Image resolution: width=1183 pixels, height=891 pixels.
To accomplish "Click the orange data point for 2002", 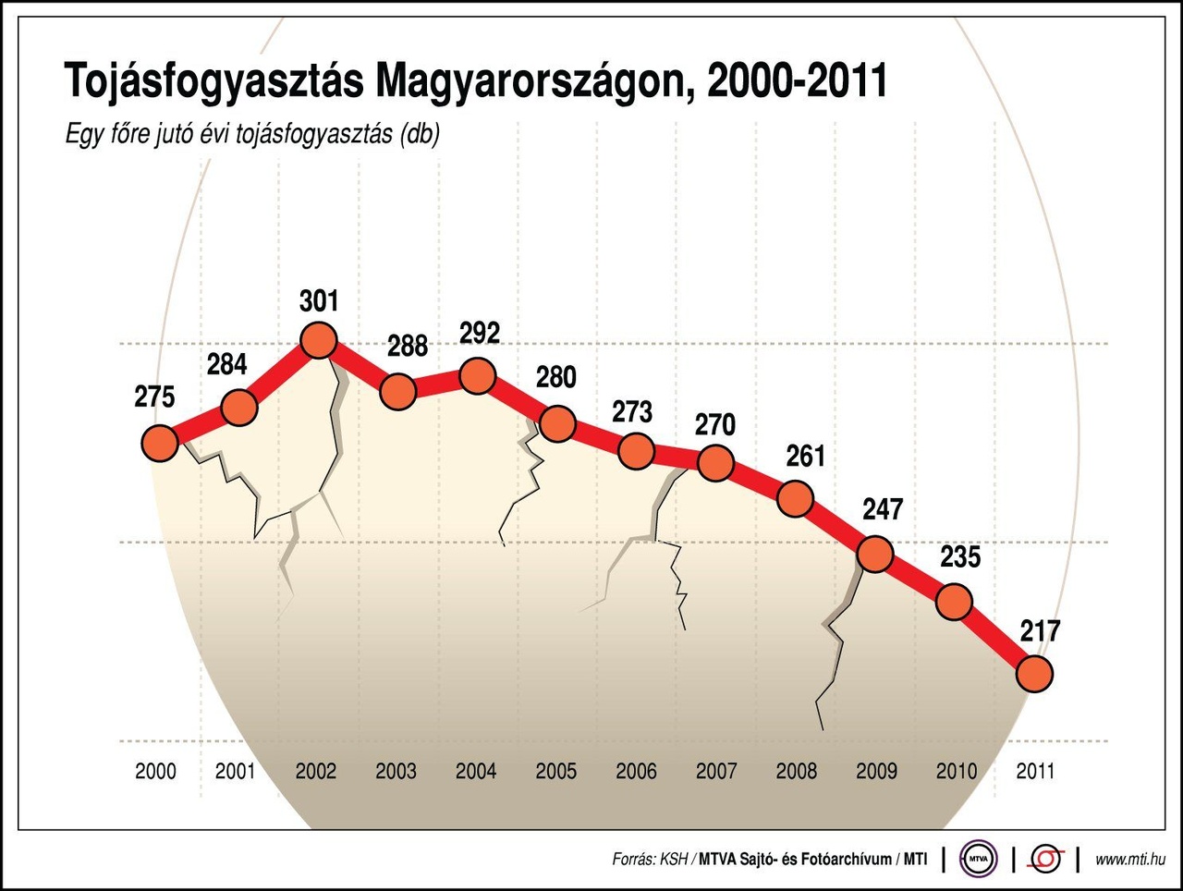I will click(318, 341).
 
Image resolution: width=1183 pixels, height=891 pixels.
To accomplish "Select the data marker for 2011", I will click(1034, 674).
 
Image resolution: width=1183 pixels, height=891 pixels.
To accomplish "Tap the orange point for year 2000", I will click(159, 444).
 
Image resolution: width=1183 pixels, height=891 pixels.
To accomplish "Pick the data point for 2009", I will click(874, 555).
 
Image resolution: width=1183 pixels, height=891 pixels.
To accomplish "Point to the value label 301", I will click(319, 301).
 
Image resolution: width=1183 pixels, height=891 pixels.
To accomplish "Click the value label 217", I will click(1040, 631).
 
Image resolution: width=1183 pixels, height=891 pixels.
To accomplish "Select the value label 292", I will click(480, 333).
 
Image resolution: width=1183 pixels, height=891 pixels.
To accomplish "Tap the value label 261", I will click(805, 457).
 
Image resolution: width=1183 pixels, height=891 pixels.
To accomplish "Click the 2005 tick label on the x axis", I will click(555, 771).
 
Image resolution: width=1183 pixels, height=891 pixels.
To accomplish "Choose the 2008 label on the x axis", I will click(796, 771).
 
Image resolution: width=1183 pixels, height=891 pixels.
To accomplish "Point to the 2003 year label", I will click(396, 771).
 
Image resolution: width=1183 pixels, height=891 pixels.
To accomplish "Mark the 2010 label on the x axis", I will click(956, 771).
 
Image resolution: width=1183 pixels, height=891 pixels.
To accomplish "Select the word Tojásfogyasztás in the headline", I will click(214, 81).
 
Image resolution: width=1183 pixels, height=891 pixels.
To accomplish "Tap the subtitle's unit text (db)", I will click(420, 134).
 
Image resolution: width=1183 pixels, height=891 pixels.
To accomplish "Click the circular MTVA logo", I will click(978, 859).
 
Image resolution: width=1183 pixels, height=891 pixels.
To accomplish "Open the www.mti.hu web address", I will click(1129, 860).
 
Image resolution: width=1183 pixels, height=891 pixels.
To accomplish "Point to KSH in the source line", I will click(674, 860).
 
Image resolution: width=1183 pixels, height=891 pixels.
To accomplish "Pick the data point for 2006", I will click(636, 452).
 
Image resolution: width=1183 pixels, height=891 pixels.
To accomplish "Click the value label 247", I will click(883, 509).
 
